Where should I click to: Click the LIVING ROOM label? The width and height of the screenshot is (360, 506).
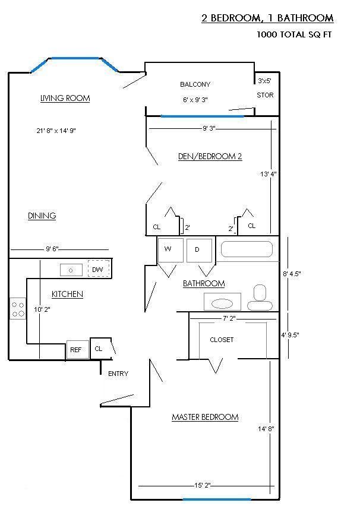point(65,98)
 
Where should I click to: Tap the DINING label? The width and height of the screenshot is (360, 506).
point(42,216)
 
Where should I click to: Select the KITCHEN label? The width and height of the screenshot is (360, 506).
point(67,294)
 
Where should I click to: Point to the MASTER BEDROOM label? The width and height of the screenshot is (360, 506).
point(205,417)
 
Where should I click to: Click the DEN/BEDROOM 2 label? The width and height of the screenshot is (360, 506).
point(210,156)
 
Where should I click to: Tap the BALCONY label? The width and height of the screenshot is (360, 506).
point(195,84)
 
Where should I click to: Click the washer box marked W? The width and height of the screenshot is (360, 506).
point(170,250)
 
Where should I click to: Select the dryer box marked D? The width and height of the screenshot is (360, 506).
point(199,251)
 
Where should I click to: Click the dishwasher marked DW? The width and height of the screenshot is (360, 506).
point(99,268)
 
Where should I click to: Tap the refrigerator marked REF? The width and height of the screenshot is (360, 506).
point(77,349)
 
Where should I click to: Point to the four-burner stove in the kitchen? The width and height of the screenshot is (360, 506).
point(18,308)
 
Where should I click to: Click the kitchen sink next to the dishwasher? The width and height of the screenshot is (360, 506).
point(71,270)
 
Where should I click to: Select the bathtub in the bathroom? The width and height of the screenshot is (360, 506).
point(247,249)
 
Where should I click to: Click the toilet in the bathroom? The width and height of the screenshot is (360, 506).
point(260,298)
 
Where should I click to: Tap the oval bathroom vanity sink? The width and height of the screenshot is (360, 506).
point(222,303)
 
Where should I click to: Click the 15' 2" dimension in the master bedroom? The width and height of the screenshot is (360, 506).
point(202,485)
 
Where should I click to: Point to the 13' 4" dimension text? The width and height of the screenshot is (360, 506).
point(269,174)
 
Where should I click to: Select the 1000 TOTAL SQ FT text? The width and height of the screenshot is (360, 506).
point(294,34)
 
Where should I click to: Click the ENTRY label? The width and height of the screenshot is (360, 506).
point(118,374)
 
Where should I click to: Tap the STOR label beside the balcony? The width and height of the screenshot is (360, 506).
point(265,95)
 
